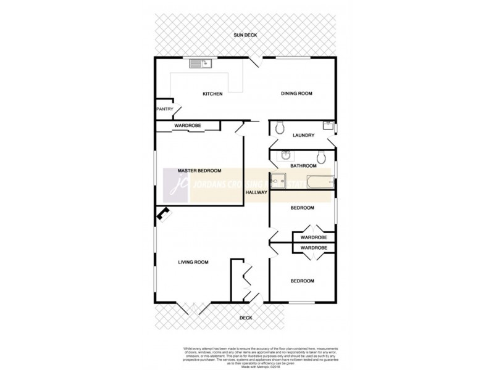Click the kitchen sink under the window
[201, 62]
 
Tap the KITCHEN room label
[212, 94]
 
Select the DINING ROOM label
[296, 94]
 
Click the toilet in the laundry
[280, 127]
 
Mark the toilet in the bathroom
[320, 155]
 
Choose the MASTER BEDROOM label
[199, 171]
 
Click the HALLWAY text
[256, 192]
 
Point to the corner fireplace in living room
[164, 213]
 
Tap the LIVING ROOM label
[193, 262]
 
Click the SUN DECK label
[246, 36]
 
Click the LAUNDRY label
[304, 136]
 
